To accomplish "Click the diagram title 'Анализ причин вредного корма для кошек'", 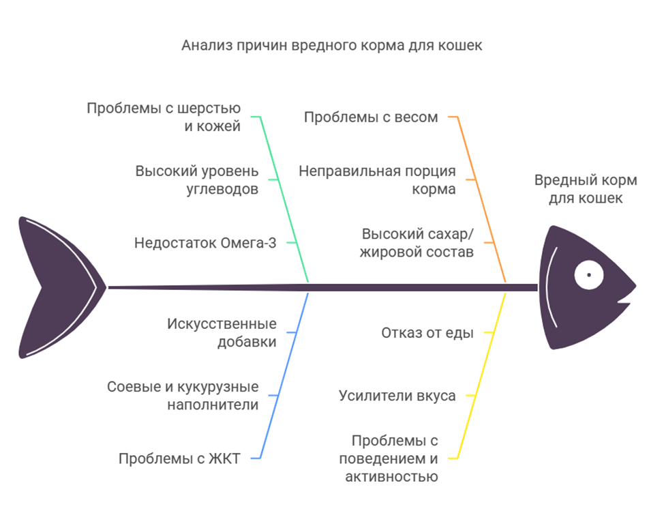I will click(331, 46).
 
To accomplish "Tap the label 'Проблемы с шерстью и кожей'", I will click(164, 117).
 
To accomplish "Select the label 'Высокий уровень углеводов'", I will click(196, 180).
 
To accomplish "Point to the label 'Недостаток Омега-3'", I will click(205, 243).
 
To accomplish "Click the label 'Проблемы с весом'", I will click(371, 117).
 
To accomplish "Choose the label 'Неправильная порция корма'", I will click(377, 180).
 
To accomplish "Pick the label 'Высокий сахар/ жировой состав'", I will click(417, 243).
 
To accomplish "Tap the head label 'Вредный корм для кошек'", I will click(586, 190).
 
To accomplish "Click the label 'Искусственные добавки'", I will click(222, 333).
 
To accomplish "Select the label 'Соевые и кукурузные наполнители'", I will click(183, 396).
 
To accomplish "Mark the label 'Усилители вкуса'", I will click(397, 396).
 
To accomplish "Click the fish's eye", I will click(588, 275).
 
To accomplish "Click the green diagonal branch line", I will click(285, 198).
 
